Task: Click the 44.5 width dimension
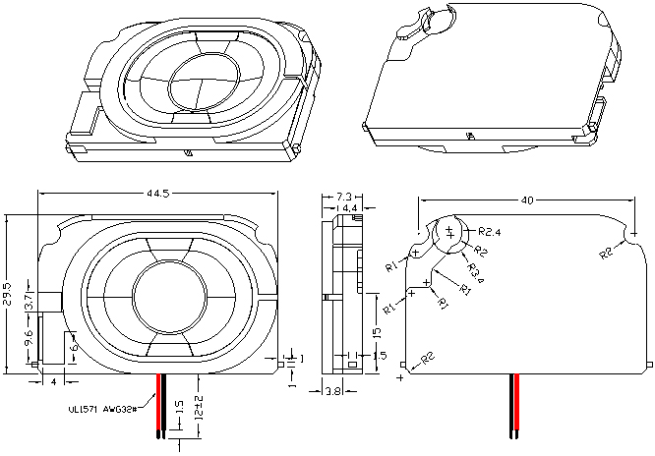click(x=157, y=195)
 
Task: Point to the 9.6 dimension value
click(x=29, y=340)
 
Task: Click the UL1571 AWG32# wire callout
click(x=105, y=408)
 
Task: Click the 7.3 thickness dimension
click(x=344, y=198)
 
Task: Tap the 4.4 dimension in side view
click(x=348, y=208)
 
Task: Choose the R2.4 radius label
click(x=491, y=233)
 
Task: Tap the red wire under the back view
click(x=512, y=403)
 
